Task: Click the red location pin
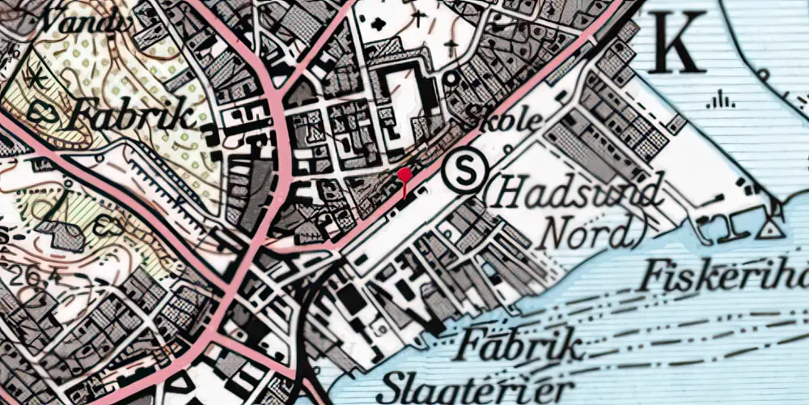tap(404, 176)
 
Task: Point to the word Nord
tap(589, 232)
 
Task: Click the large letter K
tap(675, 43)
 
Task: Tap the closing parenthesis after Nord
tap(639, 232)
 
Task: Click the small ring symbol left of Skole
tap(451, 80)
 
